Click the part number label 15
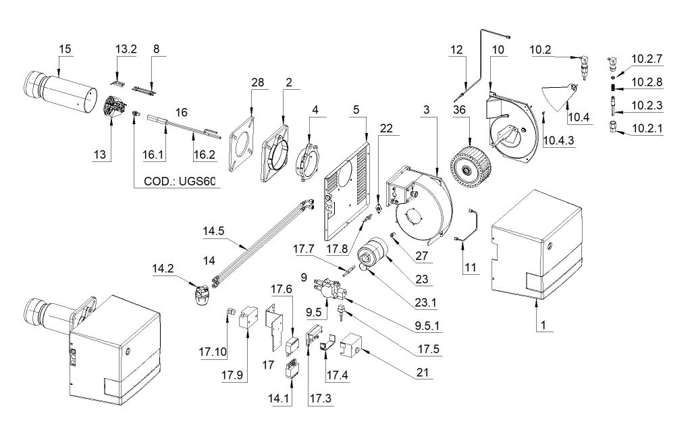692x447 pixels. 65,49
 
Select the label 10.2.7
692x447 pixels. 647,59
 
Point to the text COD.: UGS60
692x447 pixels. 182,182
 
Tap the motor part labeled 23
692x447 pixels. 375,255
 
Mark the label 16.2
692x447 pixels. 204,155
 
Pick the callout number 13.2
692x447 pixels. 126,49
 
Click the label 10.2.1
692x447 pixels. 647,128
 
